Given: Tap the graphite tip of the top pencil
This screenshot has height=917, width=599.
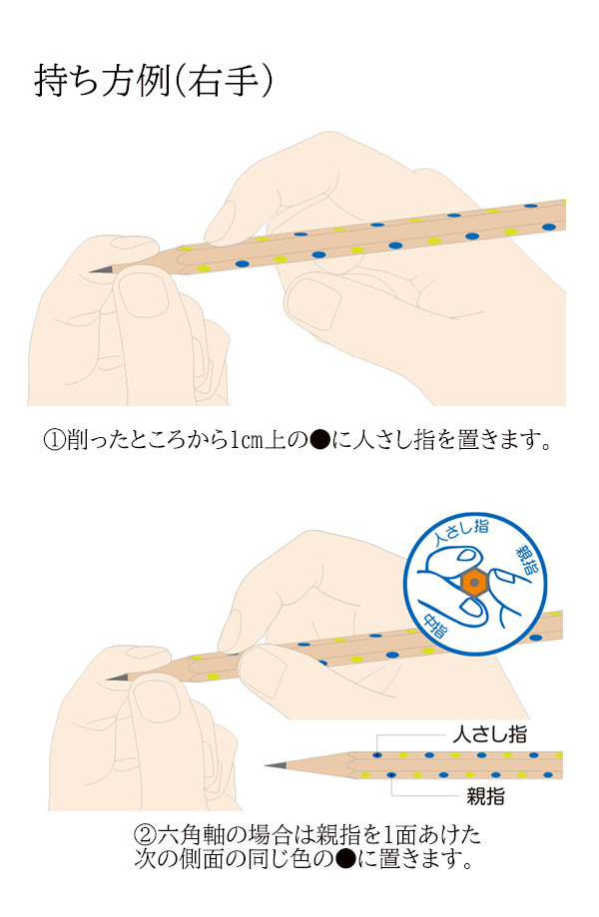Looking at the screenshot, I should click(96, 270).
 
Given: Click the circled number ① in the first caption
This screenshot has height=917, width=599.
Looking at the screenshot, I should click(54, 440).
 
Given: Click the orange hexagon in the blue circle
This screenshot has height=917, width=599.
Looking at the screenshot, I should click(473, 582).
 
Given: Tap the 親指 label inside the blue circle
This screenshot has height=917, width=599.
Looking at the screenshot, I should click(526, 560).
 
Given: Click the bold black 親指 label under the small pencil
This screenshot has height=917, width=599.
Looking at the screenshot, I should click(485, 795).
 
